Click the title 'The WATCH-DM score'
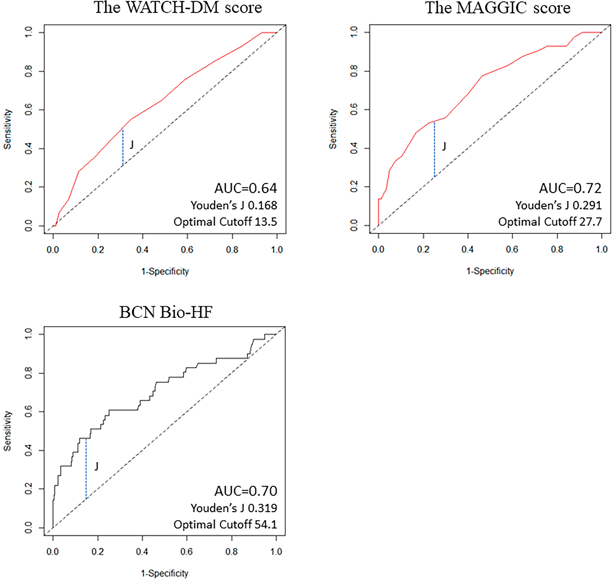coord(178,8)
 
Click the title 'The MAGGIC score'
coord(498,8)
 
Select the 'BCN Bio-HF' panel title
coord(166,312)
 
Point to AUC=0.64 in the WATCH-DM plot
coord(245,188)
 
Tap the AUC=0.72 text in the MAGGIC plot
coord(570,188)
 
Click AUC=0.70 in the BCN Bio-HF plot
coord(245,491)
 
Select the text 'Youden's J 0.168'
coord(234,205)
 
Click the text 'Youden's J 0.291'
coord(558,205)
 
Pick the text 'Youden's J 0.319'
coord(234,508)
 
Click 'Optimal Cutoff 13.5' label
coord(225,222)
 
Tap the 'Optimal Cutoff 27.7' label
coord(550,222)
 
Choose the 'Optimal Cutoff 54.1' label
coord(225,524)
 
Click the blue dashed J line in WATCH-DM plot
coord(123,147)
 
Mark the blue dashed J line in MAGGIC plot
coord(434,150)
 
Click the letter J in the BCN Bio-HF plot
coord(96,466)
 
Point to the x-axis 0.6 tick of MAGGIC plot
coord(512,250)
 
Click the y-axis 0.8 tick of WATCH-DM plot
coord(29,71)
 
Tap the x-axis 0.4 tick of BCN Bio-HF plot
coord(142,551)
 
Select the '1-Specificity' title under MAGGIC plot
coord(490,271)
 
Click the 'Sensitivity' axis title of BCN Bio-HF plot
coord(8,431)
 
